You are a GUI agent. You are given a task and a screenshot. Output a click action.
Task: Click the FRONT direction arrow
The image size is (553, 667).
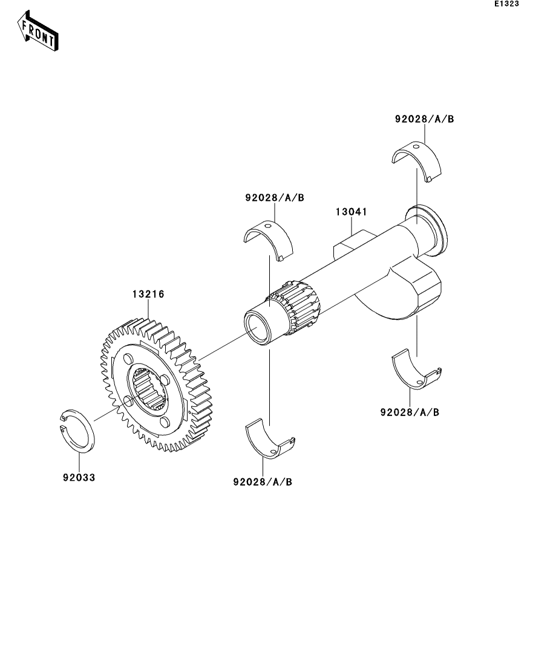pos(38,31)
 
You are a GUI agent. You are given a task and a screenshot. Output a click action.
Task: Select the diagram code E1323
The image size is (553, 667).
pos(506,4)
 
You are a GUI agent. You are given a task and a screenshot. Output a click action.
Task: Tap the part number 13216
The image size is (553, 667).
pos(148,294)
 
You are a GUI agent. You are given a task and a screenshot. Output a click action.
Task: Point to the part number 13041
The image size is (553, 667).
pos(351,212)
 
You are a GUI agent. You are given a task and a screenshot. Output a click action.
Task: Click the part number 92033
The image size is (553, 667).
pos(79,477)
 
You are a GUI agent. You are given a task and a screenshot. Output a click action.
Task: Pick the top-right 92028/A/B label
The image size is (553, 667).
pos(425,119)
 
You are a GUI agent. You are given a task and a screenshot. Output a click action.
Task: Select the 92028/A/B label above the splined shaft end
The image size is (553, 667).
pos(275,198)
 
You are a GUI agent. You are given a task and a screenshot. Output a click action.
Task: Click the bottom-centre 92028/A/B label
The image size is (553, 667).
pos(263,482)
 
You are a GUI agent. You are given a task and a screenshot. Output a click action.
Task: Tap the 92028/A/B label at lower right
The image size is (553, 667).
pos(410,412)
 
